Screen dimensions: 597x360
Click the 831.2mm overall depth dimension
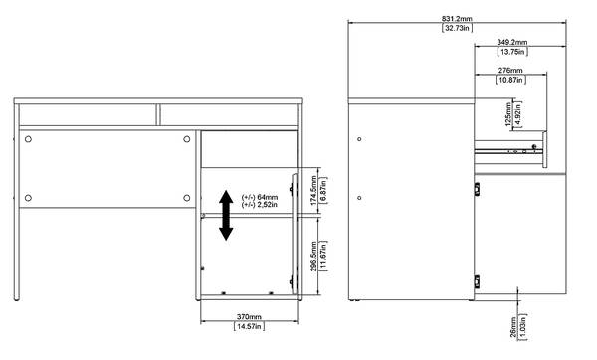tap(457, 18)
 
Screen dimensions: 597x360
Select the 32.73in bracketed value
tap(457, 28)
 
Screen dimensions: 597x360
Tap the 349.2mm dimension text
tap(512, 42)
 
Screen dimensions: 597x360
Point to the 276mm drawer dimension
tap(510, 71)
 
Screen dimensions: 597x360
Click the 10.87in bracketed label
tap(511, 80)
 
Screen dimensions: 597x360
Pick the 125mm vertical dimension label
tap(508, 114)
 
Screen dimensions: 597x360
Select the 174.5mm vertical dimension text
tap(314, 190)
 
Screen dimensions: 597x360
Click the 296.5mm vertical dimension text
tap(313, 257)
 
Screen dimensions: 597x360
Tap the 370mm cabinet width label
tap(249, 316)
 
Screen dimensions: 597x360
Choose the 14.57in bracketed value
tap(249, 326)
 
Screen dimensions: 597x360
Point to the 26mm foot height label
tap(513, 327)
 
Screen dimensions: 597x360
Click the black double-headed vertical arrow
tap(226, 216)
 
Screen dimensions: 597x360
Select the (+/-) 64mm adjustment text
tap(260, 197)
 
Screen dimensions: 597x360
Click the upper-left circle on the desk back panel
tap(28, 139)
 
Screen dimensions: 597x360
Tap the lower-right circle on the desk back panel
tap(187, 198)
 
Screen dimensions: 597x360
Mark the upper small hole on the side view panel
tap(359, 139)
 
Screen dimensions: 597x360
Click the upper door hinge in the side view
tap(477, 189)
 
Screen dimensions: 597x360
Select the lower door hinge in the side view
tap(477, 282)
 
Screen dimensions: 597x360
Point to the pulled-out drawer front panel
tap(545, 150)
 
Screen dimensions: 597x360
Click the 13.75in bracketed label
tap(512, 52)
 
